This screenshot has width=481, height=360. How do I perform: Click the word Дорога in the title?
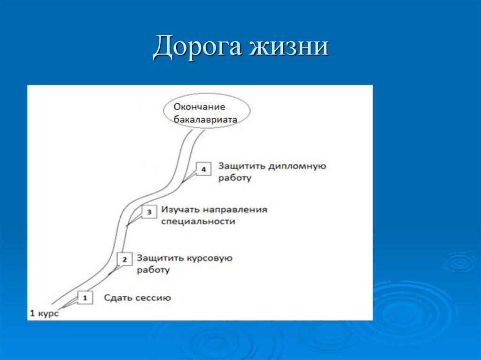tap(197, 47)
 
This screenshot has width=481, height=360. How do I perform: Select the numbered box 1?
tap(85, 298)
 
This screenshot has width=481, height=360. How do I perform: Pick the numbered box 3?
tap(149, 212)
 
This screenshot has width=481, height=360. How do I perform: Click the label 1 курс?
tap(44, 313)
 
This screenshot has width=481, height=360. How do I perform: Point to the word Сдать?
tap(117, 298)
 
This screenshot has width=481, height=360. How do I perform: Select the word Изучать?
tap(180, 209)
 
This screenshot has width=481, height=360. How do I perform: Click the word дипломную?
tap(297, 166)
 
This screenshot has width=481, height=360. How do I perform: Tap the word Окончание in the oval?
tap(200, 107)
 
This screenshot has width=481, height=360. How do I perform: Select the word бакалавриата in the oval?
tap(205, 120)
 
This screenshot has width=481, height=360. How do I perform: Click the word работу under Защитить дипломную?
tap(235, 178)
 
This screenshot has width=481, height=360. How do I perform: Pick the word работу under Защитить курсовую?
tap(153, 270)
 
